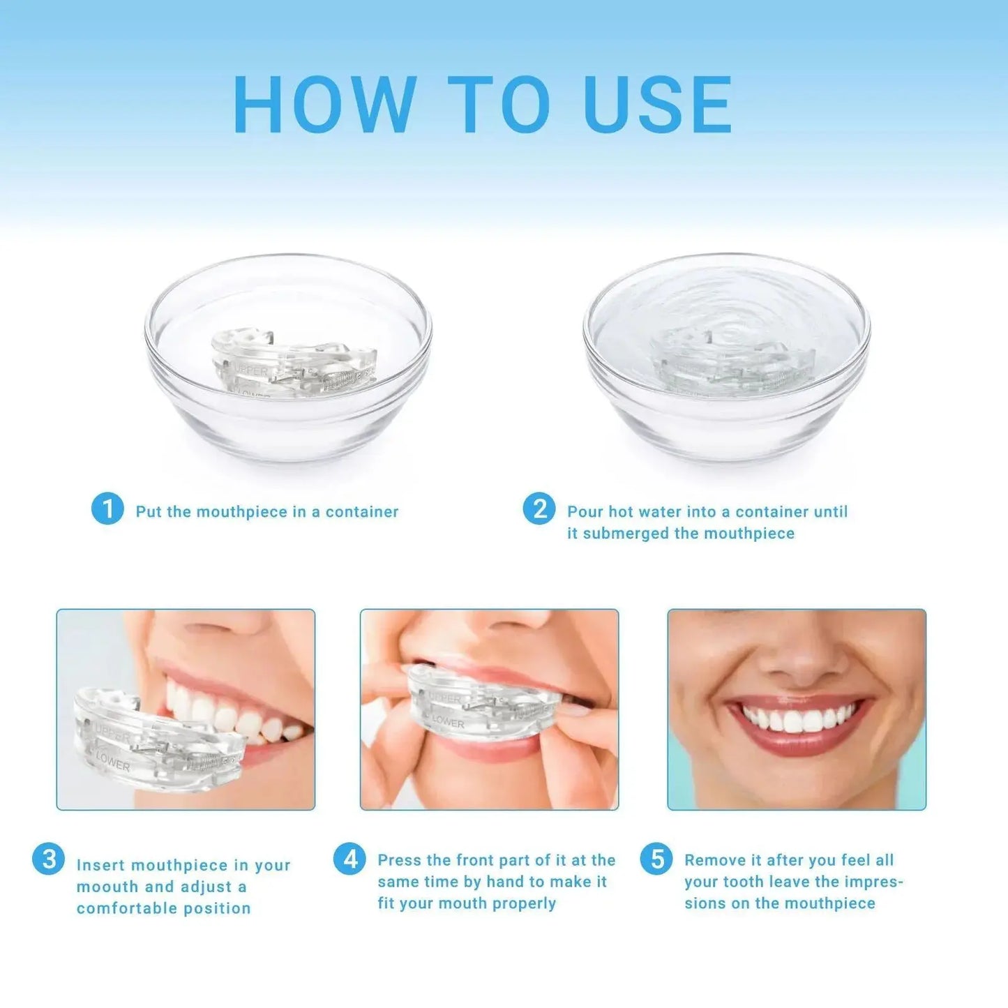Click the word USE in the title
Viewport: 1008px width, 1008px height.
pyautogui.click(x=658, y=105)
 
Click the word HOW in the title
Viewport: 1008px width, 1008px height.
pyautogui.click(x=325, y=105)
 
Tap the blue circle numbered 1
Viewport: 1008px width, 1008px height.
pyautogui.click(x=107, y=509)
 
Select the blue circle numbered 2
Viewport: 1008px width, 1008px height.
pyautogui.click(x=539, y=509)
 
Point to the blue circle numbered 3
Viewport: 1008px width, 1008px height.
pyautogui.click(x=49, y=859)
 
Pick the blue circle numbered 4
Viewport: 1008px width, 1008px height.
pyautogui.click(x=349, y=859)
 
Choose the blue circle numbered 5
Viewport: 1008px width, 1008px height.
pyautogui.click(x=656, y=859)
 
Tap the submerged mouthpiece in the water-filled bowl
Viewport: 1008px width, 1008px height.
pyautogui.click(x=732, y=363)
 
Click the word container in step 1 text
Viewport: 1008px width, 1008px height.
pyautogui.click(x=362, y=511)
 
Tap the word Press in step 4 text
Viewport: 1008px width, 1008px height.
pyautogui.click(x=400, y=860)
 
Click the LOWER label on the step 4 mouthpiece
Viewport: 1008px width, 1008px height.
pyautogui.click(x=448, y=722)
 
